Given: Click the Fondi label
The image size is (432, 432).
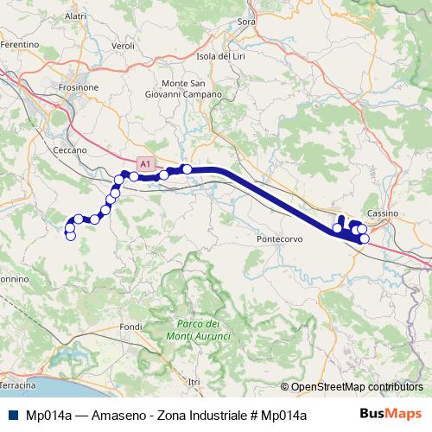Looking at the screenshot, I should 130,327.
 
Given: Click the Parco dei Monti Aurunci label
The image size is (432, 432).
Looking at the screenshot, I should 196,330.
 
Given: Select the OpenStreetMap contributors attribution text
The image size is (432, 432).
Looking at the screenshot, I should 357,388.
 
